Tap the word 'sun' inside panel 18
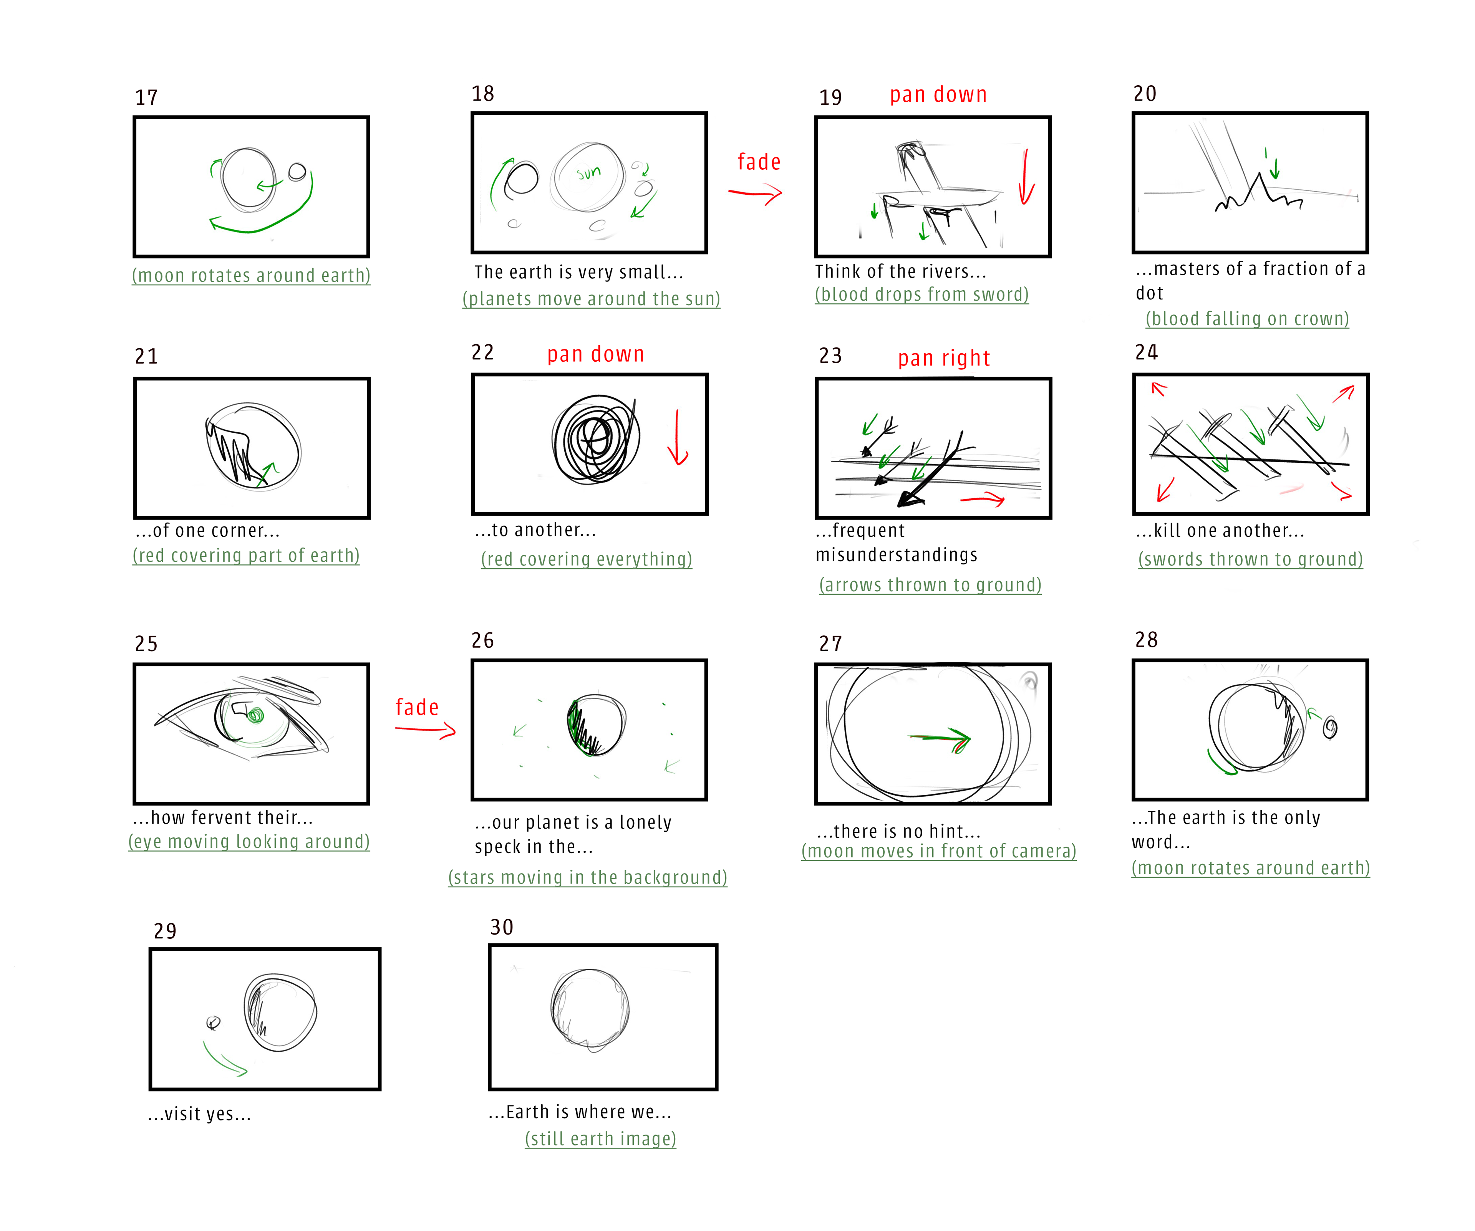pos(588,172)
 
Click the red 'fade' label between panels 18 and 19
pos(759,162)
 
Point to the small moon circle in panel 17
pos(297,171)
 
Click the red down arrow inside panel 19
pos(1026,177)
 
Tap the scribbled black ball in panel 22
pos(596,440)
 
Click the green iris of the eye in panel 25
pos(255,715)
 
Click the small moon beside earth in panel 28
pos(1329,728)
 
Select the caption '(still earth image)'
pos(600,1138)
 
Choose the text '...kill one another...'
pos(1220,531)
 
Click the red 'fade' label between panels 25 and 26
pos(417,707)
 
